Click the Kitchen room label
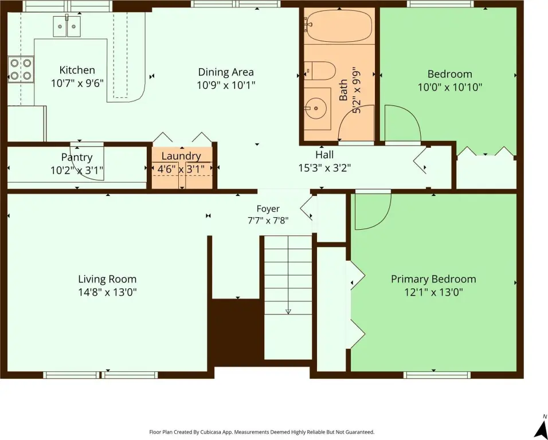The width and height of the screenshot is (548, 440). click(x=77, y=70)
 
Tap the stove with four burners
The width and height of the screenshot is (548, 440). click(x=21, y=69)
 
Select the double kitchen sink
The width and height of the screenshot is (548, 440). click(x=66, y=26)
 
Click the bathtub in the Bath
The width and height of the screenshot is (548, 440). click(x=338, y=25)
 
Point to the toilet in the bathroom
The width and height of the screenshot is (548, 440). click(x=319, y=71)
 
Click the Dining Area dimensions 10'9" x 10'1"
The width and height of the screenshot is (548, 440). click(x=226, y=85)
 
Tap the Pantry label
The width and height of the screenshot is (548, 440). click(x=77, y=158)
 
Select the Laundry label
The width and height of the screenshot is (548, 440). click(x=181, y=156)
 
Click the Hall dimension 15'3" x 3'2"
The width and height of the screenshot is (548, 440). click(x=324, y=168)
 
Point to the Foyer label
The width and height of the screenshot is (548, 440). click(x=268, y=209)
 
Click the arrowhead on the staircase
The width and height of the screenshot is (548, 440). click(x=288, y=312)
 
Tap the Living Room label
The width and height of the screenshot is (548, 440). click(x=107, y=279)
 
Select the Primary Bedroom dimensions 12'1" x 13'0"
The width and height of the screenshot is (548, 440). click(x=434, y=292)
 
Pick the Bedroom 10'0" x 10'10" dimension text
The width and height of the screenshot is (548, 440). click(x=450, y=87)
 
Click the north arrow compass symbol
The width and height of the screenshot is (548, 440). click(x=542, y=428)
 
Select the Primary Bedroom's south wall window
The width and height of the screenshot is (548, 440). click(x=437, y=375)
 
